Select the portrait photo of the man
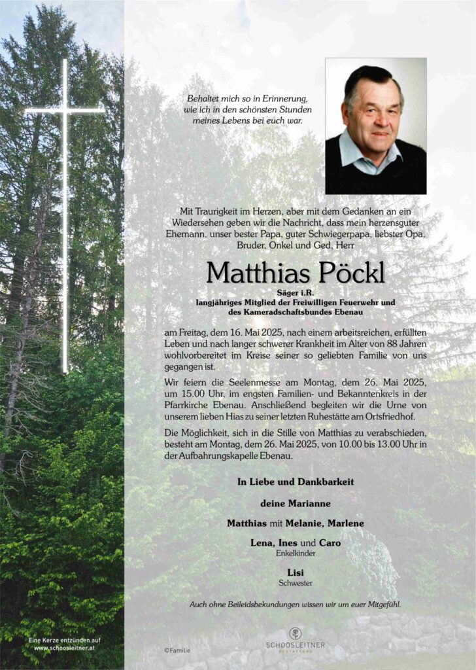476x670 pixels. click(375, 126)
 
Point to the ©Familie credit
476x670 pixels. click(178, 651)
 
